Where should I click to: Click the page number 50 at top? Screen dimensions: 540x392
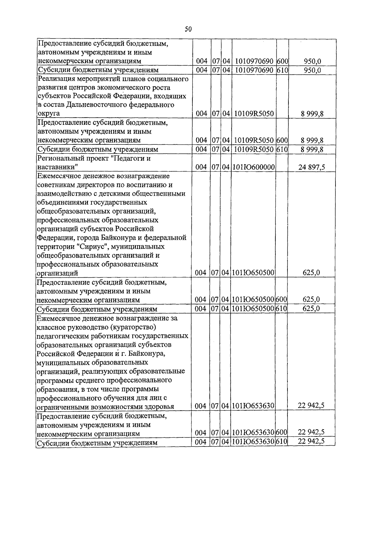point(188,29)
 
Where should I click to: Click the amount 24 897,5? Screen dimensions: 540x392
point(311,168)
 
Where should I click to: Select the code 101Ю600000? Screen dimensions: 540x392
point(253,168)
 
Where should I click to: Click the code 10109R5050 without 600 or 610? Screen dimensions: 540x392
point(254,114)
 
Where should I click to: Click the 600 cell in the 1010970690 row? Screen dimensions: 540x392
point(282,61)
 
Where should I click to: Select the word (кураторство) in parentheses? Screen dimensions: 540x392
point(134,327)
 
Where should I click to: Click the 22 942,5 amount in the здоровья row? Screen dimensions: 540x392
point(311,406)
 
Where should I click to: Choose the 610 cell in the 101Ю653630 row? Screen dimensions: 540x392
point(281,442)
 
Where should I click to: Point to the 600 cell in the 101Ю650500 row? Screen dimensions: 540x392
point(281,300)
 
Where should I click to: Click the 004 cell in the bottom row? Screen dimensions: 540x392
point(201,442)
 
